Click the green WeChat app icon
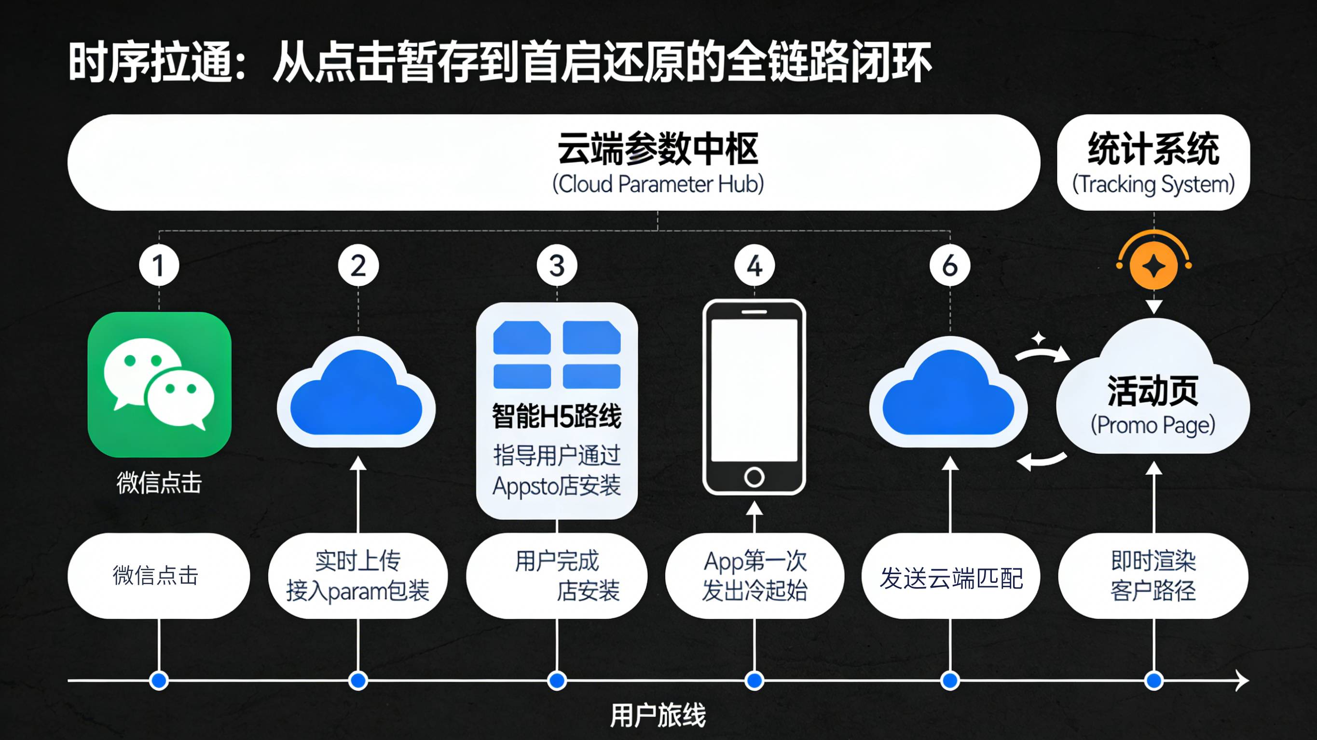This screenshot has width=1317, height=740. click(159, 384)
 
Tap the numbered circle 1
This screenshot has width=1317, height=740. click(159, 265)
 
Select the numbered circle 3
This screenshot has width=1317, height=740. click(557, 265)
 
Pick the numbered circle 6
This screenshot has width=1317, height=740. click(949, 265)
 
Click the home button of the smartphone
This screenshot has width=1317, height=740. click(754, 477)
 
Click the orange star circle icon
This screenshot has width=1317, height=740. click(1153, 266)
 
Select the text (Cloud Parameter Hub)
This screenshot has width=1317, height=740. click(658, 184)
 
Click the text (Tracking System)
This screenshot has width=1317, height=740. click(1153, 184)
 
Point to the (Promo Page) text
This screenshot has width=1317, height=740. click(1153, 425)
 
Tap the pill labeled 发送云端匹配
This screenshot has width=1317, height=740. click(950, 578)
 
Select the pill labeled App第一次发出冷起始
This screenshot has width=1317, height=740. click(754, 576)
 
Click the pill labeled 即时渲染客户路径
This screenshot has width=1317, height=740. click(1153, 576)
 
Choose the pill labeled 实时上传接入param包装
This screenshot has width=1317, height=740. click(357, 576)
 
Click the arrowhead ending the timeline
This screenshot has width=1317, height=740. click(1243, 680)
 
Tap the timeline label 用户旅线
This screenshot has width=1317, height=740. click(658, 714)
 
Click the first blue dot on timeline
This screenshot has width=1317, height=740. click(159, 680)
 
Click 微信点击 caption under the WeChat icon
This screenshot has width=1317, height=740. click(159, 483)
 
